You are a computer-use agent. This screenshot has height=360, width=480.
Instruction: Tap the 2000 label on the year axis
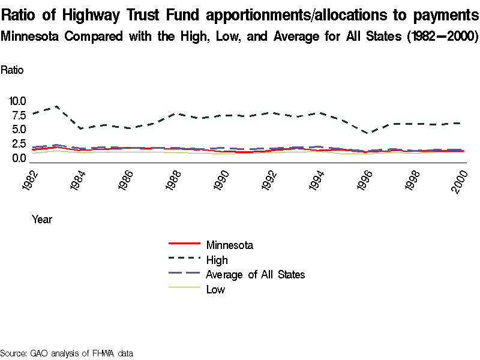tap(459, 181)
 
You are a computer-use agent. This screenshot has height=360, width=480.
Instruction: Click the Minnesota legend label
tap(229, 245)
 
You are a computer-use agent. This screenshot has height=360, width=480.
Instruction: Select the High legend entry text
tap(217, 260)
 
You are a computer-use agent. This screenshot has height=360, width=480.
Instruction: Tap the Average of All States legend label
tap(255, 275)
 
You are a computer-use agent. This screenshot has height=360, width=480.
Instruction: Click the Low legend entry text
tap(215, 290)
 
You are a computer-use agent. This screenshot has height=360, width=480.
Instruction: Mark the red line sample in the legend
tap(184, 244)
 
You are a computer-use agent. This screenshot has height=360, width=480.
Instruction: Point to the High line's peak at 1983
tap(56, 106)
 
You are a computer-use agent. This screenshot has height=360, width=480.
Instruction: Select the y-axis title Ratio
tap(12, 70)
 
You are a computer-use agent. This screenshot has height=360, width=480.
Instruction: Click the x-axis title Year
tap(42, 220)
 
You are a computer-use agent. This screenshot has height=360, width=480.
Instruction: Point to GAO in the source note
tap(41, 353)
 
